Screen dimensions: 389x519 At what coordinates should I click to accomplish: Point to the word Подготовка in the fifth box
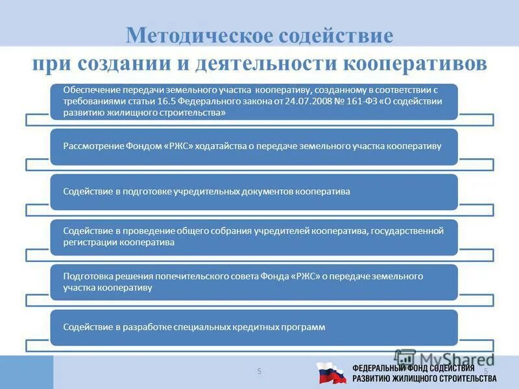point(87,276)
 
